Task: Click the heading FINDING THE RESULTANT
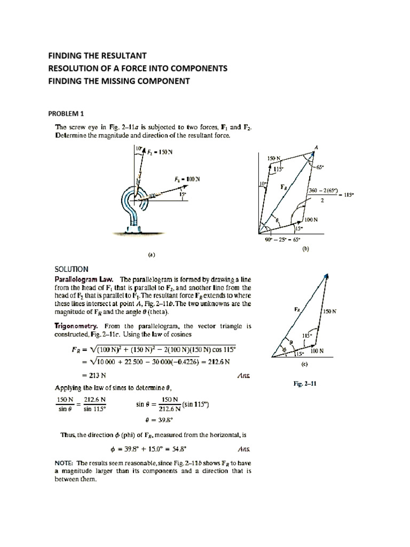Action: point(97,56)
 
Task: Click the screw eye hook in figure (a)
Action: point(133,203)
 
